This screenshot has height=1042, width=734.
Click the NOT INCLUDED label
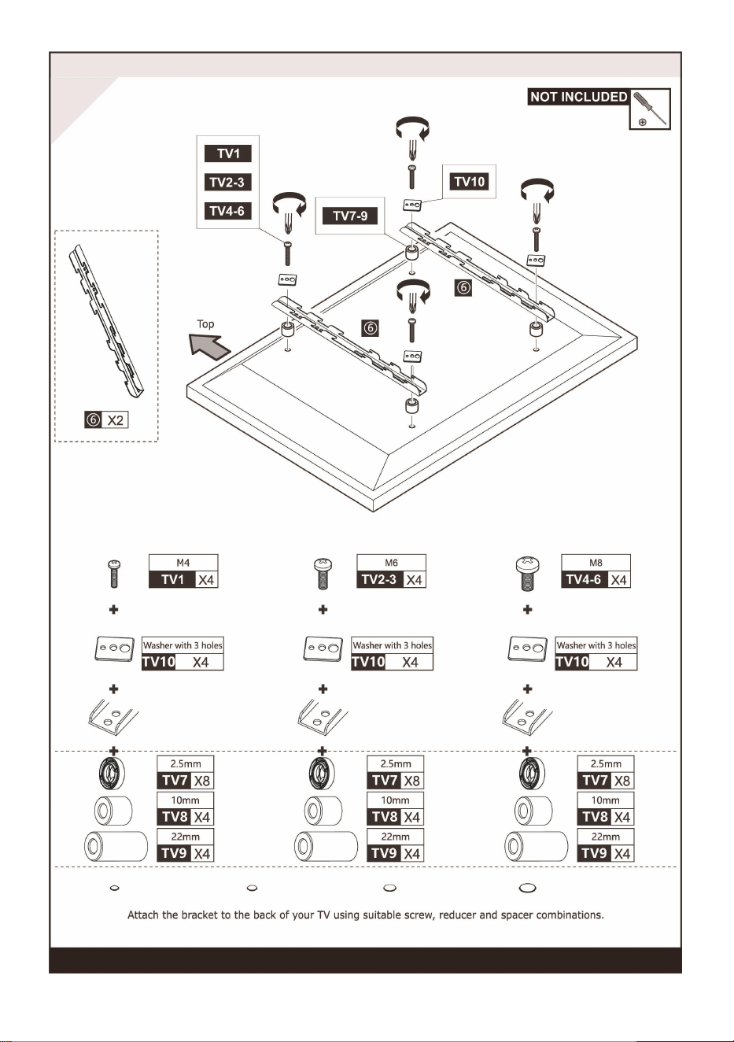(579, 97)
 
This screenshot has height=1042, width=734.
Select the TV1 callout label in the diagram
(228, 153)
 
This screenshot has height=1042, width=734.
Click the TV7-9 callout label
(350, 216)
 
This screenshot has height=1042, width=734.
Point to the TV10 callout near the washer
(470, 182)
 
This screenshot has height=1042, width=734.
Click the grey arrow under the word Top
(210, 345)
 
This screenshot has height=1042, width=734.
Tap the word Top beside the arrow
(205, 323)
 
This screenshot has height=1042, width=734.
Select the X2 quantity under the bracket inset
(116, 420)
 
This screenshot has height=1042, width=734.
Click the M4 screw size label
(183, 563)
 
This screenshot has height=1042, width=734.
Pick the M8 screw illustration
(527, 574)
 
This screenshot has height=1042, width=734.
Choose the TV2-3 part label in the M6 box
(379, 579)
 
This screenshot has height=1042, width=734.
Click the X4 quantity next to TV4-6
(618, 580)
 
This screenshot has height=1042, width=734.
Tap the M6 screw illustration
(323, 574)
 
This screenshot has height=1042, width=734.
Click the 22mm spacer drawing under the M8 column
(536, 846)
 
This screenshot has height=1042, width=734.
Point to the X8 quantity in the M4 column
(202, 781)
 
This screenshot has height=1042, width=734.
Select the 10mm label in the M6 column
(395, 800)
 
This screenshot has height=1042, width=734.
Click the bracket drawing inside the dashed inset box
(106, 322)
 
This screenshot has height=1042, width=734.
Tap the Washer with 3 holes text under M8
(596, 645)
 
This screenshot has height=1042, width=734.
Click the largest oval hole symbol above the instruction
(527, 888)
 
